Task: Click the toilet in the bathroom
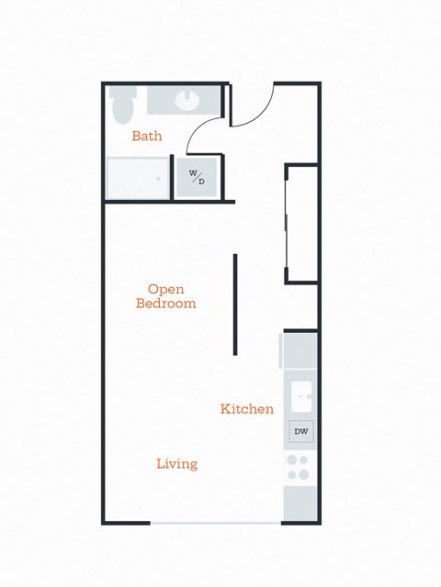(x=120, y=106)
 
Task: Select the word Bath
(x=147, y=137)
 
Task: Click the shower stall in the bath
(x=138, y=177)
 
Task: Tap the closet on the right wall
(x=301, y=223)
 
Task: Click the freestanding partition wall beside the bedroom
(x=235, y=304)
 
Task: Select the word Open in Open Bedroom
(x=166, y=288)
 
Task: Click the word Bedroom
(x=166, y=304)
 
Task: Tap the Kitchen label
(x=247, y=409)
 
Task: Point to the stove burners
(x=298, y=468)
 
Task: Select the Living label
(x=176, y=464)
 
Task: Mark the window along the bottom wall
(x=216, y=523)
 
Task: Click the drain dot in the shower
(x=157, y=179)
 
